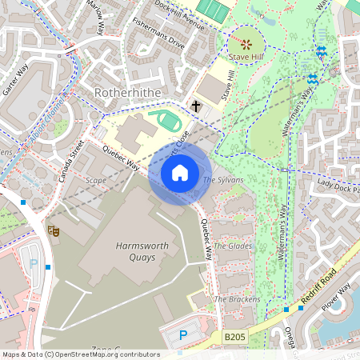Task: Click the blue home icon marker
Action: pyautogui.click(x=180, y=173)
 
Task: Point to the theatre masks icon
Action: pyautogui.click(x=54, y=230)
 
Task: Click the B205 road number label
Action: pyautogui.click(x=234, y=338)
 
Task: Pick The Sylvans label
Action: pyautogui.click(x=222, y=180)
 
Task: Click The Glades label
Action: pyautogui.click(x=234, y=246)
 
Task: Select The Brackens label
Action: pyautogui.click(x=237, y=299)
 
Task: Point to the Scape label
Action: pyautogui.click(x=95, y=181)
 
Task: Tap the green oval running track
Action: pyautogui.click(x=170, y=122)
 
